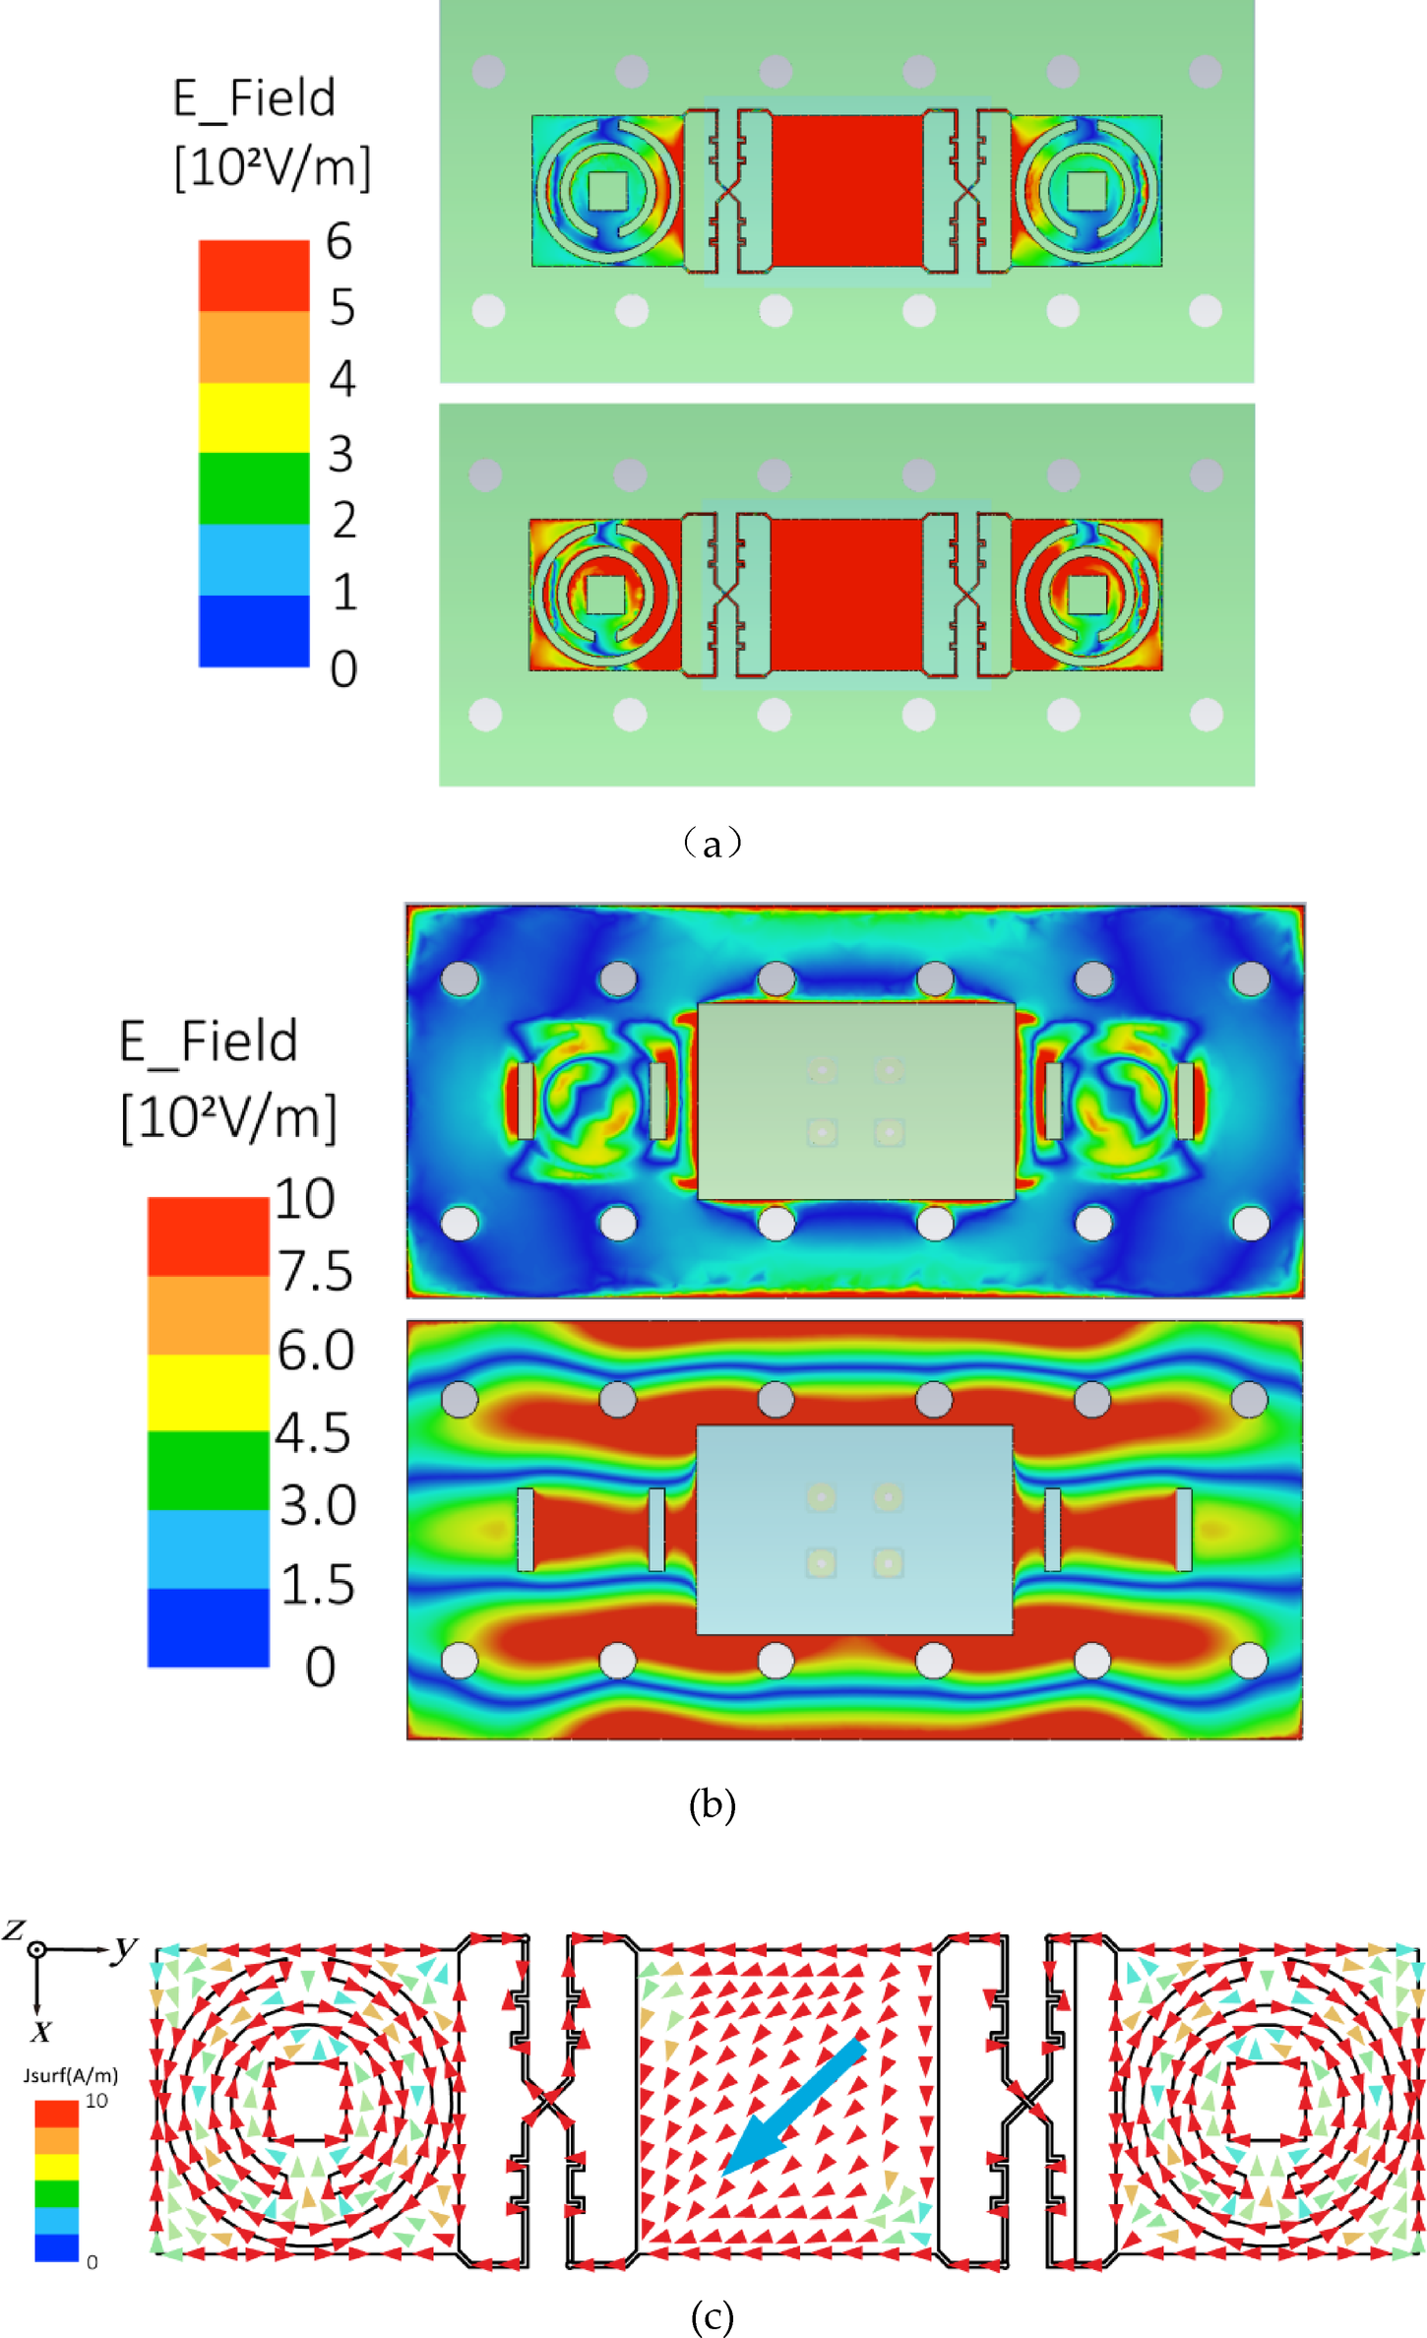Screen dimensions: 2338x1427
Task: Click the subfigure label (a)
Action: click(712, 843)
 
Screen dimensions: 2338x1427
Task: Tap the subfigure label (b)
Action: click(712, 1804)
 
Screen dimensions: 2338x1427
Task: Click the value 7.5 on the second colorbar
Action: click(315, 1271)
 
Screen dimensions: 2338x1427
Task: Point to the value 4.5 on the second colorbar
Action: click(313, 1432)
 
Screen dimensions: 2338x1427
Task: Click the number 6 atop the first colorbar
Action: click(340, 241)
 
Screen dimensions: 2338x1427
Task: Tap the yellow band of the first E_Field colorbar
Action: click(254, 417)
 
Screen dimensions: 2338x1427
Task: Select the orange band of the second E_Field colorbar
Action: click(208, 1315)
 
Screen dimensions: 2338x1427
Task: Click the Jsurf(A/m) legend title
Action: click(71, 2075)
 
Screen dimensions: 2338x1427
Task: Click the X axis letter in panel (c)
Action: click(40, 2031)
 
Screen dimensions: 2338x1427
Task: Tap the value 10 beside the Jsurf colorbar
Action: click(96, 2101)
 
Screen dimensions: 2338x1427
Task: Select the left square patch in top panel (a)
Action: click(607, 190)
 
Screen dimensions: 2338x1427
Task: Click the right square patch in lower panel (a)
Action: click(1086, 594)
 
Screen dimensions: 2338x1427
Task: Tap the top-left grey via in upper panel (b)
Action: click(460, 979)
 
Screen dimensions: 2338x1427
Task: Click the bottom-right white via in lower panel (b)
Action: click(1250, 1661)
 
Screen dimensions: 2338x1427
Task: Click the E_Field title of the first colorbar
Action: click(254, 98)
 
